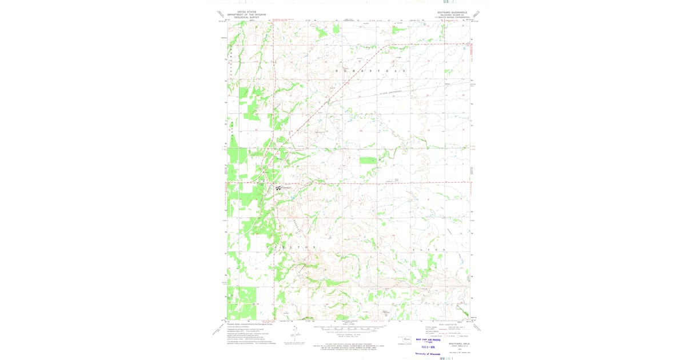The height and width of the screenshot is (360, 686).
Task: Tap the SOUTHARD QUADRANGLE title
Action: tap(452, 12)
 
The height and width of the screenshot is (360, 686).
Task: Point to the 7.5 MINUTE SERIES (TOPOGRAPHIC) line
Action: tap(452, 17)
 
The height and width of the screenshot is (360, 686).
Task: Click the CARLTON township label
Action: tap(292, 247)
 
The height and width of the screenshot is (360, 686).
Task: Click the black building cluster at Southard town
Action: tap(278, 187)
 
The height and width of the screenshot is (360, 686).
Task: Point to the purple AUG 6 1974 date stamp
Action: tap(429, 346)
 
